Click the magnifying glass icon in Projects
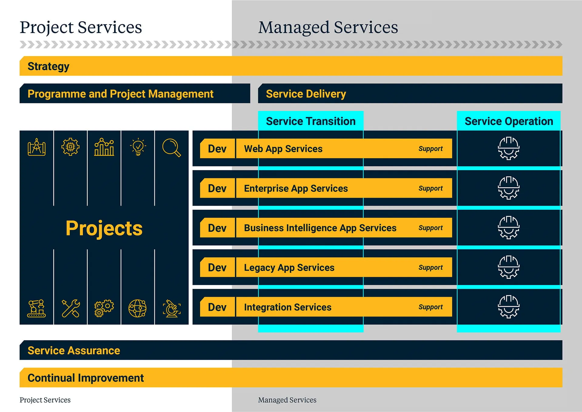coord(172,148)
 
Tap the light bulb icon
coord(138,147)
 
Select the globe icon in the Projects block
coord(137,308)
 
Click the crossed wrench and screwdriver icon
coord(71,308)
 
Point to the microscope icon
coord(172,308)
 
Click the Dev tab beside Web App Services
coord(217,149)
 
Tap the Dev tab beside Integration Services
coord(217,307)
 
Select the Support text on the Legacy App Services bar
coord(430,268)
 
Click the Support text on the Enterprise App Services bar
coord(430,189)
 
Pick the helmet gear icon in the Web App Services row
coord(509,148)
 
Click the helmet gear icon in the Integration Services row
coord(509,307)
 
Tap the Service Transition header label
coord(311,121)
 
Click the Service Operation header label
coord(509,121)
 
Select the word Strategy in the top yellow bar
coord(48,66)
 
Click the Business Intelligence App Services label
coord(320,228)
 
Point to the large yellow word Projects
coord(104,228)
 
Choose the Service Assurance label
coord(74,350)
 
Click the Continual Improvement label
coord(85,378)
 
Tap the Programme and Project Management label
coord(120,94)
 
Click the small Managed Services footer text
coord(287,400)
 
